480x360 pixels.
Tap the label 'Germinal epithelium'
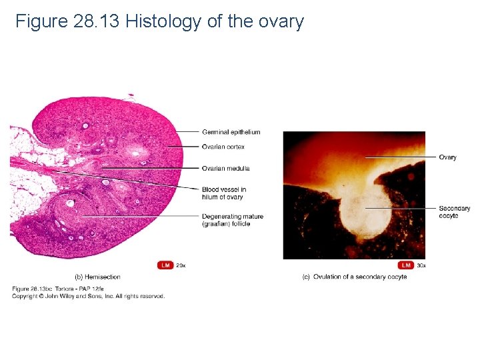coord(231,132)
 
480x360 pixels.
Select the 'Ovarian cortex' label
coord(223,147)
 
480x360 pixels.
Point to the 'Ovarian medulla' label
coord(225,169)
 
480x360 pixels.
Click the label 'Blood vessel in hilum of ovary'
coord(223,193)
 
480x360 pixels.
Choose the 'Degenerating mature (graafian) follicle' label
coord(232,220)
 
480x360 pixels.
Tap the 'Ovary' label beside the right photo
coord(447,157)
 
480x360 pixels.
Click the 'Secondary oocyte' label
coord(454,212)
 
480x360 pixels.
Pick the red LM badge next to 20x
coord(165,265)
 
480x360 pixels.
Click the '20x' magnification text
coord(181,265)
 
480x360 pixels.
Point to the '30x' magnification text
coord(421,265)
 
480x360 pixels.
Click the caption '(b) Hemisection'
coord(97,277)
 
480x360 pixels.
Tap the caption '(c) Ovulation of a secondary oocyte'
coord(354,277)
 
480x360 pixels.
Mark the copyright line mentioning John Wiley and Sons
coord(88,296)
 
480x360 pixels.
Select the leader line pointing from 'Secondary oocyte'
coord(400,209)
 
